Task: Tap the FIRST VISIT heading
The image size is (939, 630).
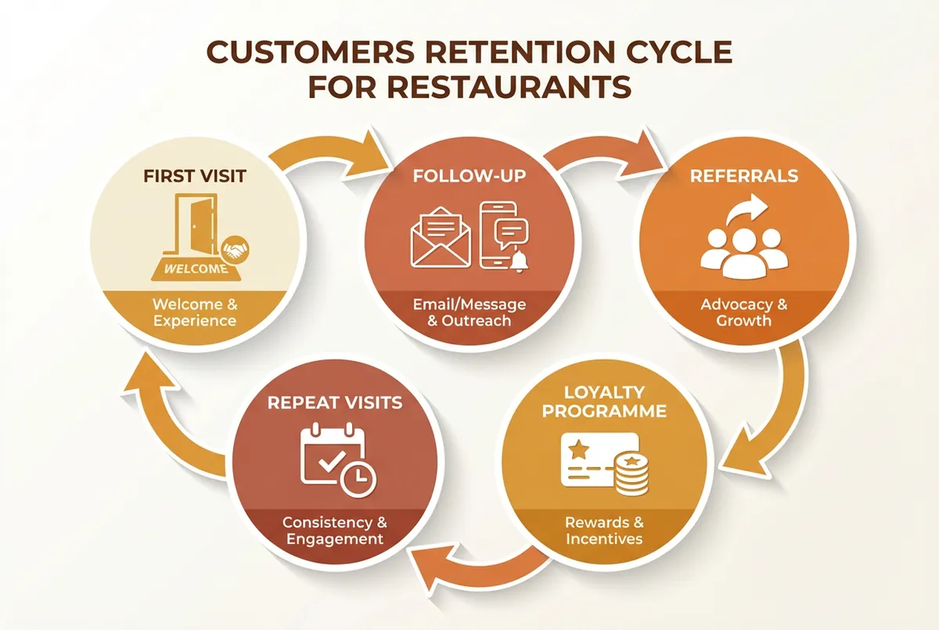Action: tap(196, 175)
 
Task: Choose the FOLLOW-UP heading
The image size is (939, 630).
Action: tap(469, 175)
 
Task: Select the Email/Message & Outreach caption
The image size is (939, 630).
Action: tap(469, 311)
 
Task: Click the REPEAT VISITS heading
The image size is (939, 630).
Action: tap(335, 403)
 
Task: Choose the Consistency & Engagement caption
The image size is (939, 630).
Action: tap(335, 531)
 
